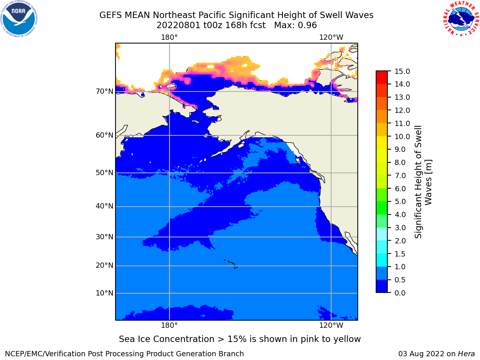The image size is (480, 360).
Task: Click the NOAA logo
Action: point(19,19)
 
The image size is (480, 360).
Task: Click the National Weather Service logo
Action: point(461,19)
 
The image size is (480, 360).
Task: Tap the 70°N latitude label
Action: point(105,91)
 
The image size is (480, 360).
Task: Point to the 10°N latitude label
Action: point(105,293)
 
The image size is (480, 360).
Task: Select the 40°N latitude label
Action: point(105,206)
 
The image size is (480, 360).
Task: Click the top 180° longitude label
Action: point(169,37)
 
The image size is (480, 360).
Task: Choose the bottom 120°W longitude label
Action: point(331,325)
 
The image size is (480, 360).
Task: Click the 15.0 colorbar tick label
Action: point(402,71)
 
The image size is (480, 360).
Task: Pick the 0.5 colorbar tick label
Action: point(400,280)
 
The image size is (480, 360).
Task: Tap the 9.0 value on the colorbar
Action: point(400,150)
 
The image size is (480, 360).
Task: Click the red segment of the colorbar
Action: point(382,77)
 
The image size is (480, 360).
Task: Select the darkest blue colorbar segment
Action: point(382,286)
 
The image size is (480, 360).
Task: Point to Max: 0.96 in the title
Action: point(295,25)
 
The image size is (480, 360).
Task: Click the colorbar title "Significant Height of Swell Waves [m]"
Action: point(423,182)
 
